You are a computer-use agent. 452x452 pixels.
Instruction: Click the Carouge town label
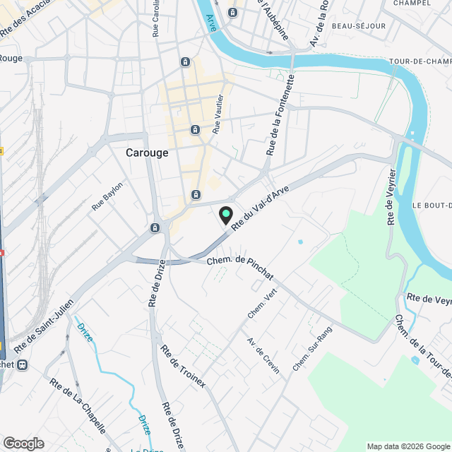tap(147, 153)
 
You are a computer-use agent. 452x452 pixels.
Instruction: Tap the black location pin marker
tap(225, 215)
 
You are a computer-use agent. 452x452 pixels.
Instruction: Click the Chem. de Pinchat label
tap(240, 267)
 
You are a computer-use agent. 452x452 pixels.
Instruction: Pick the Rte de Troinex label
tap(183, 366)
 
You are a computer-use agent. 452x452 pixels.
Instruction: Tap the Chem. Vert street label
tap(262, 302)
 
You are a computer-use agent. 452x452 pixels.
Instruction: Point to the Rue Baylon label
tap(107, 196)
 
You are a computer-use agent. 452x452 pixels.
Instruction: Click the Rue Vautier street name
tap(218, 114)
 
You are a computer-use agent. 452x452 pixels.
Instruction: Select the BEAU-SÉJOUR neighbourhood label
tap(360, 26)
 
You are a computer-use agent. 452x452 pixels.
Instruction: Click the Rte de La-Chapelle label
tap(78, 405)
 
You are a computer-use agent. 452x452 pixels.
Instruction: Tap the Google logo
tap(23, 443)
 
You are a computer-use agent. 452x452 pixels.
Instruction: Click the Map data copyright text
tap(408, 446)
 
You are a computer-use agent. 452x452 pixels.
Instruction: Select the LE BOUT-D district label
tap(432, 205)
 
